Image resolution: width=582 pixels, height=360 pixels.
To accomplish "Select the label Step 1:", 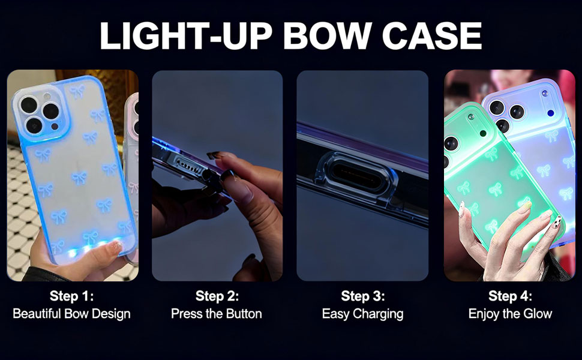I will click(x=72, y=296).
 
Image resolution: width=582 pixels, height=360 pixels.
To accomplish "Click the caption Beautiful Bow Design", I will click(x=72, y=314).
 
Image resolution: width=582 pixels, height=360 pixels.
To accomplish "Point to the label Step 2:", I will click(x=217, y=296).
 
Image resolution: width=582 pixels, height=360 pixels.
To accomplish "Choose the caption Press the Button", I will click(x=217, y=314).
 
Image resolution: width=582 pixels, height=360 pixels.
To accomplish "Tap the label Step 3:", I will click(x=363, y=296).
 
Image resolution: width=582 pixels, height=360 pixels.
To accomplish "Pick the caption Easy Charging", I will click(x=362, y=314).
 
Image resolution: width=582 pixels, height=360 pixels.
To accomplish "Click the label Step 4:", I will click(x=510, y=296).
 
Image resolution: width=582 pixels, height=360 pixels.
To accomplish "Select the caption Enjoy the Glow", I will click(x=510, y=314).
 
